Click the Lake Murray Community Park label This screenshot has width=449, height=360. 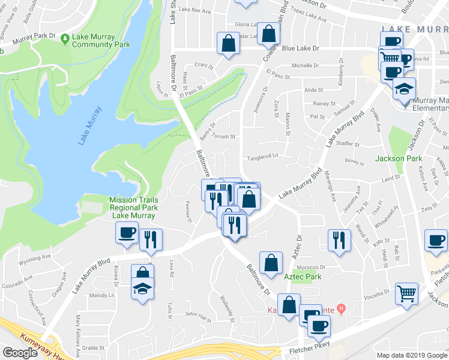(x=101, y=40)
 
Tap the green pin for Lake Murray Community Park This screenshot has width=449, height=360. (x=65, y=39)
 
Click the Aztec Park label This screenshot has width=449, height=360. (x=303, y=277)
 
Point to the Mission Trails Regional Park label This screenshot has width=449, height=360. (x=133, y=208)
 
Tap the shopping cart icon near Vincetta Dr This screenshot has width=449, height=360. (x=407, y=294)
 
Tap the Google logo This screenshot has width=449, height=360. (x=20, y=353)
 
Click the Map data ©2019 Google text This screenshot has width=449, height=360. (x=412, y=355)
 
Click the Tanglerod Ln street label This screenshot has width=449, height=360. (x=265, y=157)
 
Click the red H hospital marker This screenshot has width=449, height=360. (x=342, y=310)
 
